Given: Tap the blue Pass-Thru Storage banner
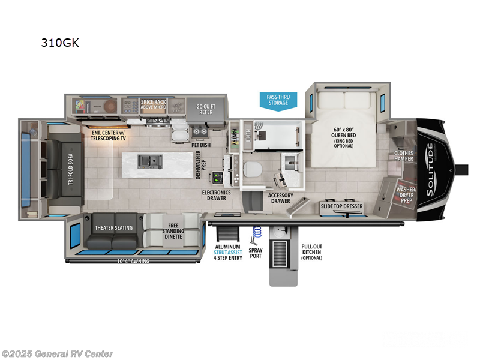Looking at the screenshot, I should (x=278, y=100).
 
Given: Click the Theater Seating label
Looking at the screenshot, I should (x=113, y=227).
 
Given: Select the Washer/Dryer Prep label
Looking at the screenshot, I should (x=407, y=196).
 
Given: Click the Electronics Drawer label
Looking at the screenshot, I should (x=218, y=196).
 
